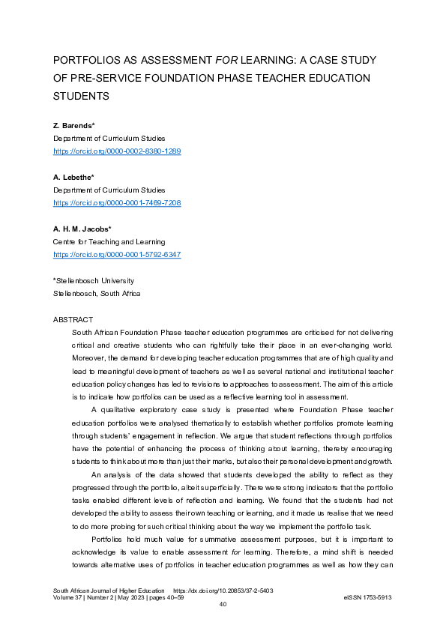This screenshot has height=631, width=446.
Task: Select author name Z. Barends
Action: coord(72,125)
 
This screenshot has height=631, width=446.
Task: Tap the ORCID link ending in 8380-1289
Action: coord(116,151)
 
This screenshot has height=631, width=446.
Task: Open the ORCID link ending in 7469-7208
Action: coord(116,203)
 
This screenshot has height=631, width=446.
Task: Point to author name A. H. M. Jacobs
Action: coord(82,229)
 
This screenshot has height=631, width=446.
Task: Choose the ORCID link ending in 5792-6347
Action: coord(116,255)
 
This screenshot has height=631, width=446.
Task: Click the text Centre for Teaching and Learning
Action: coord(109,242)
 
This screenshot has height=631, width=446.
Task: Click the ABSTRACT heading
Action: coord(73,319)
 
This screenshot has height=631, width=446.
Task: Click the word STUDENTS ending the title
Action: coord(81,96)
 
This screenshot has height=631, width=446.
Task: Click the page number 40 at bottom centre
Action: coord(223,605)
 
